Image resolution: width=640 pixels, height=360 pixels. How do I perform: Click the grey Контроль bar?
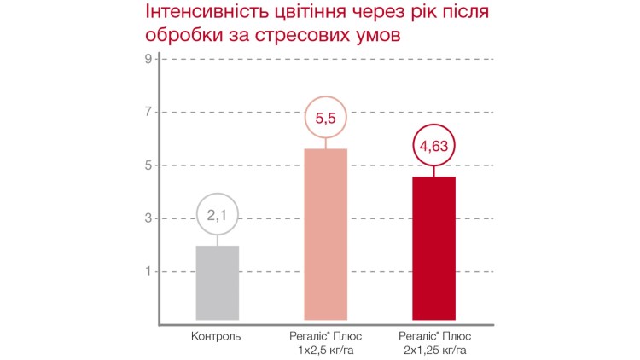pos(217,282)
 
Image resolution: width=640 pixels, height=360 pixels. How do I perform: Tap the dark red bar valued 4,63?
pos(434,248)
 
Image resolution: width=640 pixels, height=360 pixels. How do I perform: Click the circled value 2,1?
pos(217,216)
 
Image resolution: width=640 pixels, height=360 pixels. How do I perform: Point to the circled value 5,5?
pos(326,119)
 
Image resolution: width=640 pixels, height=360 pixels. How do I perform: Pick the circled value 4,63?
pos(434,147)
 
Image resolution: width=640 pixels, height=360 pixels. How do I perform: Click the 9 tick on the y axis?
pos(148,59)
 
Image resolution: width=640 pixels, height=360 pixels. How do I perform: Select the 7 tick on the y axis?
pos(148,112)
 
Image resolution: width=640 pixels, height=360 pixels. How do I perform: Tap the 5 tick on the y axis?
pos(148,165)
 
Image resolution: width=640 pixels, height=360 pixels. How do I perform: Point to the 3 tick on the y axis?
pos(148,218)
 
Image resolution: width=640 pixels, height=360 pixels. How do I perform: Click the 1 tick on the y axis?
pos(148,271)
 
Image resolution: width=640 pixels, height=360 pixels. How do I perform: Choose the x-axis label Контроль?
pos(217,336)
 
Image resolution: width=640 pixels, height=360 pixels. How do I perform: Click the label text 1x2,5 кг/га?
pos(326,350)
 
